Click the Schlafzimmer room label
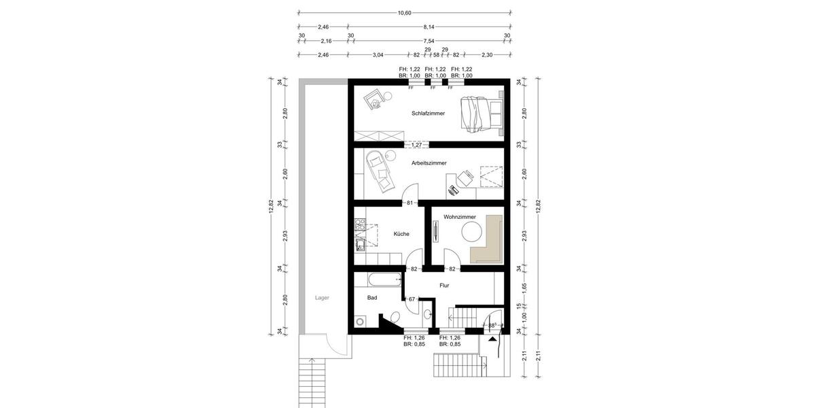pos(428,114)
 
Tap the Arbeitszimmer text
pos(429,163)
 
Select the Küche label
pos(401,234)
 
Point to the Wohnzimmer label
pos(460,217)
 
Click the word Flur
pos(444,286)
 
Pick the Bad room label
pos(372,297)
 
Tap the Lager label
pos(322,298)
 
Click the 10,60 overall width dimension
pos(405,13)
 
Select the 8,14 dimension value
pos(429,27)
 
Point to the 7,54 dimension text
pos(429,41)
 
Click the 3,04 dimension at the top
pos(378,55)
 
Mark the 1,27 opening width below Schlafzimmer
pos(416,144)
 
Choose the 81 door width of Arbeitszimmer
pos(410,203)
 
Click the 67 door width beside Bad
pos(412,299)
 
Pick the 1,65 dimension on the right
pos(524,287)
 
